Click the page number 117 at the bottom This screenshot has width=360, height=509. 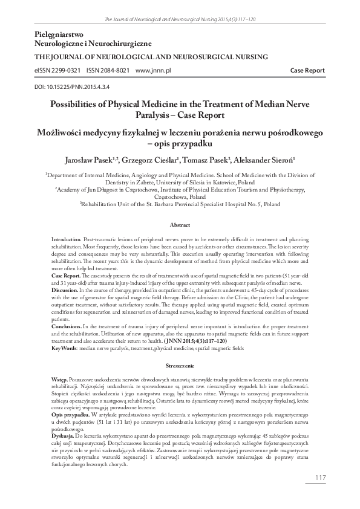coord(321,479)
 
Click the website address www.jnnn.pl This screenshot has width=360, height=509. coord(154,70)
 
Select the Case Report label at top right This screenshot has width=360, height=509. coord(307,70)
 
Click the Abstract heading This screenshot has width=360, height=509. coord(180,225)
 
